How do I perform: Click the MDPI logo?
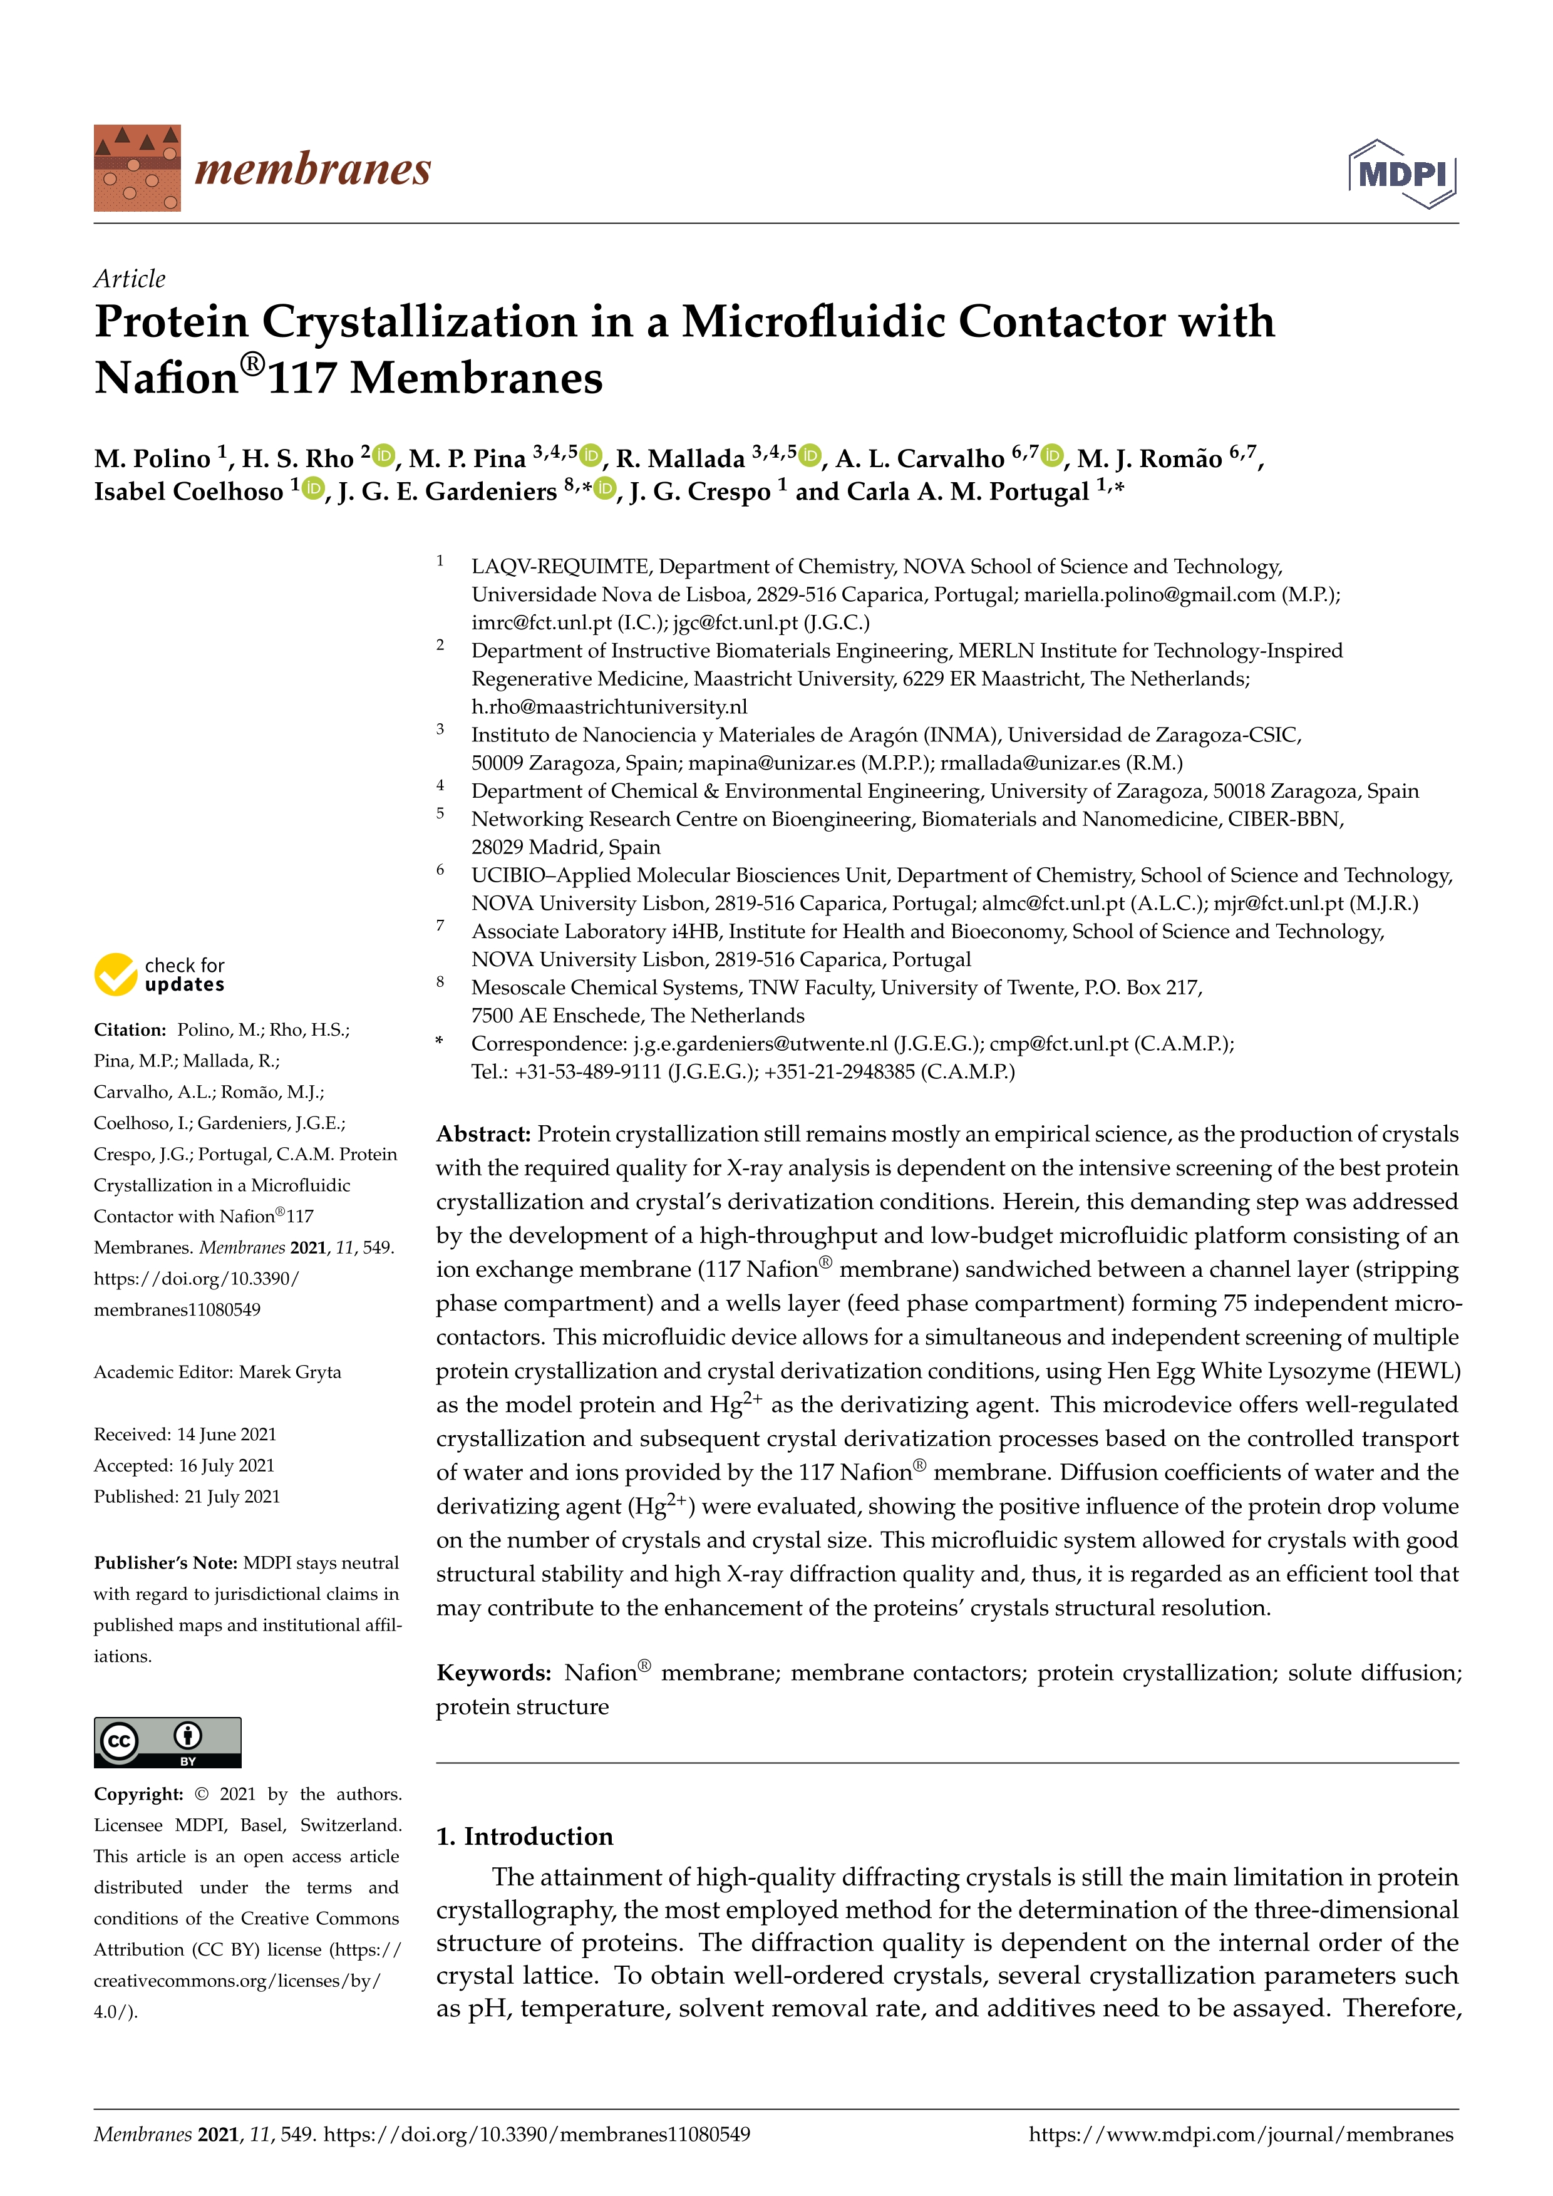1402,174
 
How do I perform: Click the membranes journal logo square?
137,168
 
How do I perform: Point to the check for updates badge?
160,974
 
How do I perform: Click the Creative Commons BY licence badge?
167,1741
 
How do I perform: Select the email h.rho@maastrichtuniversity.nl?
609,707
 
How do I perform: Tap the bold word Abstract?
483,1135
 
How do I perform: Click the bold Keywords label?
493,1673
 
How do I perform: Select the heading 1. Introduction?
524,1837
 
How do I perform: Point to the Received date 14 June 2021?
227,1434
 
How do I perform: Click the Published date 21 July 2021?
232,1496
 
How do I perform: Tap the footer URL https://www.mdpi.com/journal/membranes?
1241,2134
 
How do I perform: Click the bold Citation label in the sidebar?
130,1030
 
